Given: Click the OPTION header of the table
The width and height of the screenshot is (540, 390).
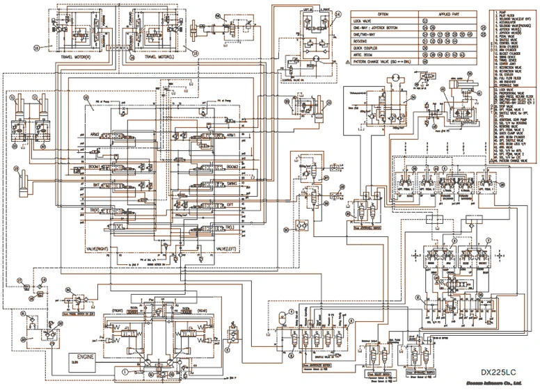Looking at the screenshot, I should pos(382,14).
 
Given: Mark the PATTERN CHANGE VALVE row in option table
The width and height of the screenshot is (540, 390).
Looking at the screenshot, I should pos(381,60).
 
